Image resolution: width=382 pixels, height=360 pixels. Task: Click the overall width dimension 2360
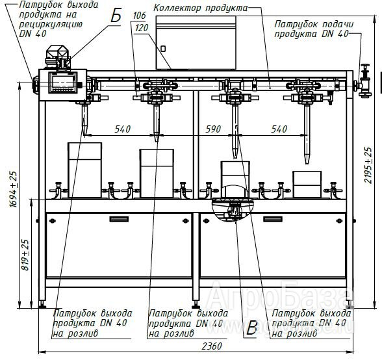[x=212, y=346]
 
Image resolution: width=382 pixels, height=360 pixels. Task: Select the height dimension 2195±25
[x=368, y=165]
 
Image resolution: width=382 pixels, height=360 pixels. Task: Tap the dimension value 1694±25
[x=14, y=189]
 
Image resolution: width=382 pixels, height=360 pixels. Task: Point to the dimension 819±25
[x=25, y=255]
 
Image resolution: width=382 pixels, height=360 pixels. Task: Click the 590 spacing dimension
[x=213, y=129]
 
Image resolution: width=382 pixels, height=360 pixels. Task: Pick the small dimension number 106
[x=139, y=16]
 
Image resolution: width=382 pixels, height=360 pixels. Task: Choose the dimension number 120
[x=142, y=28]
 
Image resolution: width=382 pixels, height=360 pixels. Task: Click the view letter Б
[x=116, y=16]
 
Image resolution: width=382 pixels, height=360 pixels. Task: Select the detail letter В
[x=251, y=328]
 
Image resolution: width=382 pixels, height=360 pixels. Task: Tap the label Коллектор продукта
[x=200, y=8]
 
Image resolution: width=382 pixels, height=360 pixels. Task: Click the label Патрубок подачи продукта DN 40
[x=314, y=29]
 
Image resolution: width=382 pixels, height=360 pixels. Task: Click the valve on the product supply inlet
[x=364, y=81]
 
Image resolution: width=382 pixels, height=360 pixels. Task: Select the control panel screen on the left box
[x=63, y=83]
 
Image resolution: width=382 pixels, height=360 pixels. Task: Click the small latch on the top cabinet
[x=163, y=49]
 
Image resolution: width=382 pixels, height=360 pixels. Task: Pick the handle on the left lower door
[x=119, y=219]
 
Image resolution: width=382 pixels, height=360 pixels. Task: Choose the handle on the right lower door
[x=273, y=219]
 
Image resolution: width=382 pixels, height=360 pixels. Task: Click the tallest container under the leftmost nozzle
[x=84, y=170]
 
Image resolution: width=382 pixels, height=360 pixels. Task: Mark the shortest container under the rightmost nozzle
[x=307, y=185]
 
